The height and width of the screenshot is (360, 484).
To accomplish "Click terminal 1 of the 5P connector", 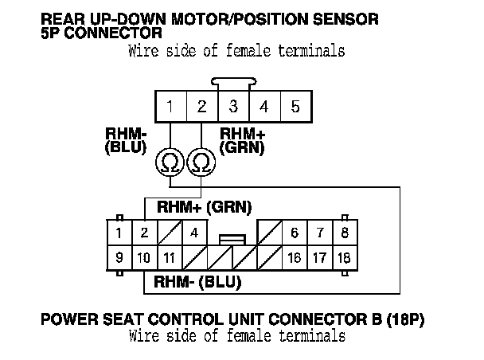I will click(170, 106).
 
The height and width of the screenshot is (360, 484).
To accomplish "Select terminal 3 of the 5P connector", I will click(233, 106).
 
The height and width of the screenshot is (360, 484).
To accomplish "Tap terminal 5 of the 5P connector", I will click(295, 106).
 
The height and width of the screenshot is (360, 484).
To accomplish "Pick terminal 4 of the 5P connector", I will click(264, 106).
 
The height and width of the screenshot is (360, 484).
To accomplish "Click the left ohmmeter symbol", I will click(170, 162).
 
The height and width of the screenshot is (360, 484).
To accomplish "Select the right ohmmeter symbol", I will click(201, 162).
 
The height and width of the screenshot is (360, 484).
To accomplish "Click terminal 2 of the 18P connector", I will click(144, 233).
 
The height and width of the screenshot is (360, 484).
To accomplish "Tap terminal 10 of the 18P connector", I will click(144, 258).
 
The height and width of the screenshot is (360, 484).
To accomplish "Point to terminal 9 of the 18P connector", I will click(119, 258).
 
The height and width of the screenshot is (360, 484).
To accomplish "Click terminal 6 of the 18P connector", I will click(294, 233).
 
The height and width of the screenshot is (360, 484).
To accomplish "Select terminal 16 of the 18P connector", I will click(294, 258).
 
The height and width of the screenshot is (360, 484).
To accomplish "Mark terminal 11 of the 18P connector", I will click(169, 258).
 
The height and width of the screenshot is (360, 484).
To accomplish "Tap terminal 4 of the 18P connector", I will click(193, 233).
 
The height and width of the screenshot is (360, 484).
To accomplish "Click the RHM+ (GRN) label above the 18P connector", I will click(204, 207).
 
